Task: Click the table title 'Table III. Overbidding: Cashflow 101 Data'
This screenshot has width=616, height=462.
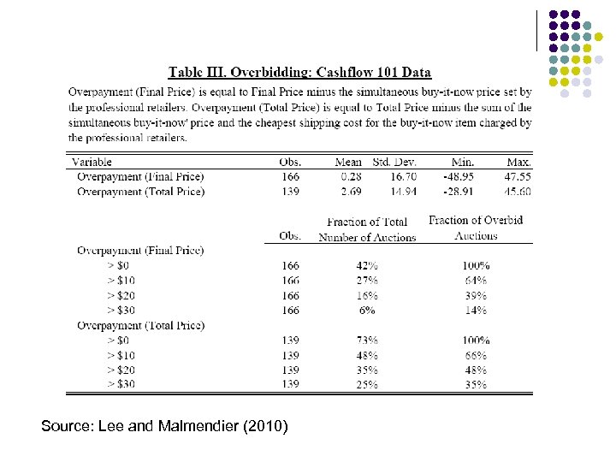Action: [x=299, y=73]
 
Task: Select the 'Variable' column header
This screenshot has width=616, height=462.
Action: [x=92, y=162]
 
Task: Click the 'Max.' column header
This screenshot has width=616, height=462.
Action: [x=518, y=162]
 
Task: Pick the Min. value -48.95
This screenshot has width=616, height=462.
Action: [x=456, y=176]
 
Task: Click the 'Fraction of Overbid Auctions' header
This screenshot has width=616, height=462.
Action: [x=476, y=228]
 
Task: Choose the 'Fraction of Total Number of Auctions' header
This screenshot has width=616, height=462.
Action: [x=367, y=229]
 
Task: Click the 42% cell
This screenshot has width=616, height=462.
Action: [x=367, y=266]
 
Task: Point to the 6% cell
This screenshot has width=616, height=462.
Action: [x=367, y=311]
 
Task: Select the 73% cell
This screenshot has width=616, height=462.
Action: [x=367, y=341]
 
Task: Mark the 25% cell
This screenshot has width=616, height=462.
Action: [x=367, y=384]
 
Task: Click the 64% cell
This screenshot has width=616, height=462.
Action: [x=476, y=281]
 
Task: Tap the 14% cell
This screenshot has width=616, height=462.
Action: [x=476, y=311]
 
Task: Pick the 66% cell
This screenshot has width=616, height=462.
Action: [x=476, y=355]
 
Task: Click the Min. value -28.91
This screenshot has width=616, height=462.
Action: [x=456, y=192]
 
